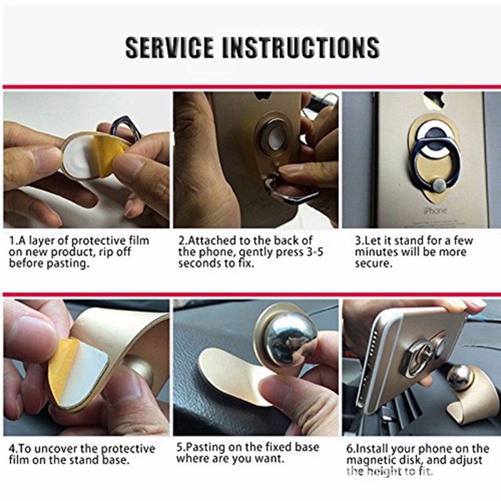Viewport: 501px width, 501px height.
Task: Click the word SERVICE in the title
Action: point(169,48)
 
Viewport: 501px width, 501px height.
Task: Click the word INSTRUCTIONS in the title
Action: point(301,48)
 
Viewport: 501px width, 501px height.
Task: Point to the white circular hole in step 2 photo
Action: point(274,137)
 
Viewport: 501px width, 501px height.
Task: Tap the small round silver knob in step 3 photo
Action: point(440,186)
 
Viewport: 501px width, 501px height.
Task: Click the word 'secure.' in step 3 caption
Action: point(373,264)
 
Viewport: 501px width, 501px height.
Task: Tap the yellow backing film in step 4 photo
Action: point(61,368)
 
